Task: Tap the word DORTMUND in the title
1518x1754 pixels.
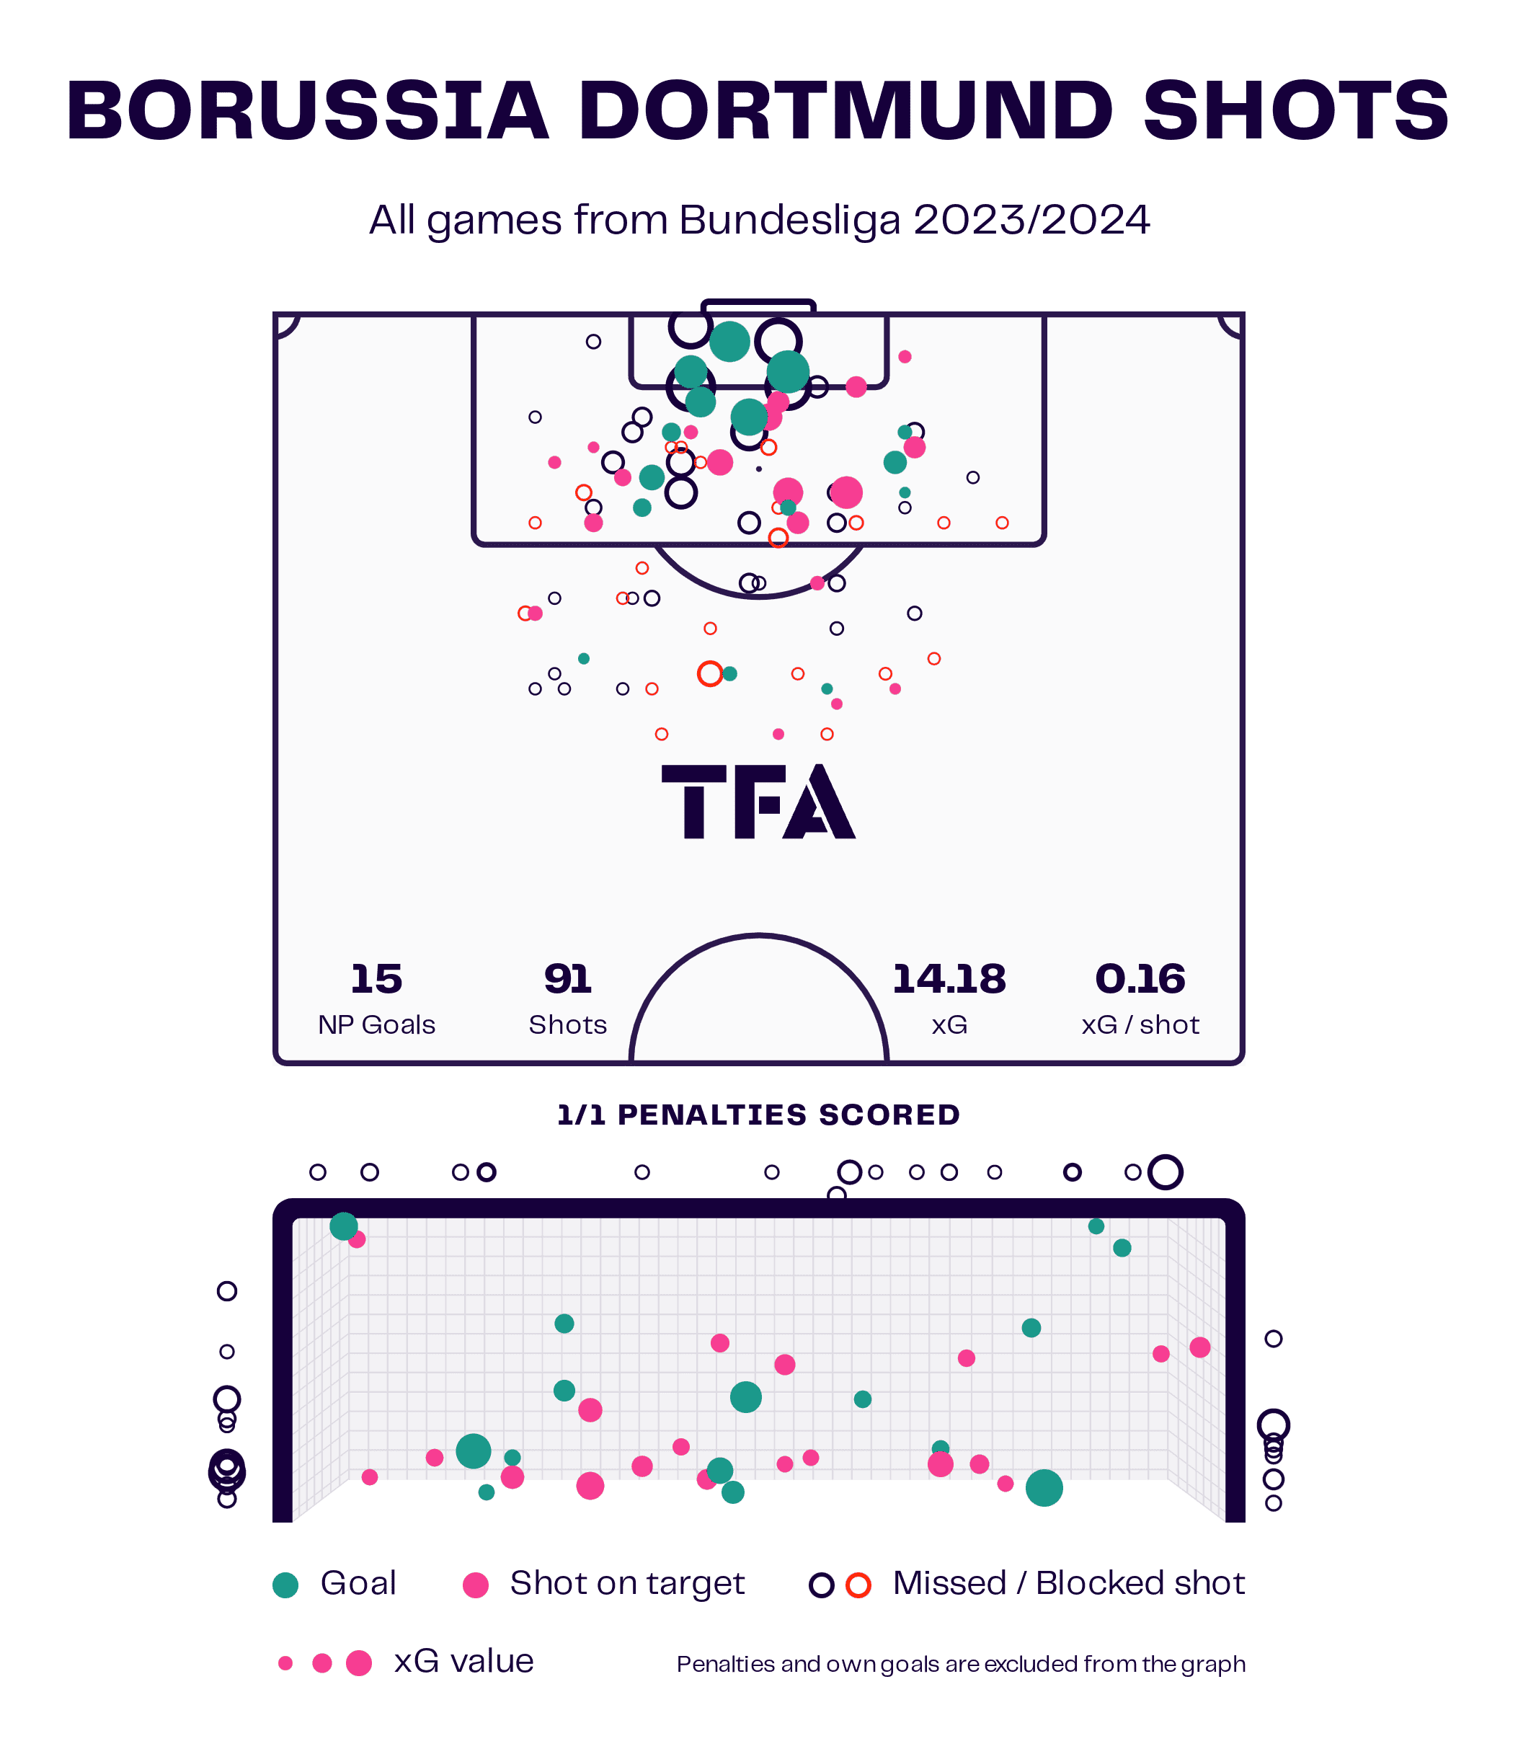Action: coord(845,110)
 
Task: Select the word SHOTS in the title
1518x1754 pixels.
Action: coord(1296,110)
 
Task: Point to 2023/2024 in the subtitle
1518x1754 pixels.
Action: coord(1031,221)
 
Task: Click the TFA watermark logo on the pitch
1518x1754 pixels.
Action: coord(758,802)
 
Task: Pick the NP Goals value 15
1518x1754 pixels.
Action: coord(377,979)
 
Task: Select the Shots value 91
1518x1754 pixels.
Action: coord(567,979)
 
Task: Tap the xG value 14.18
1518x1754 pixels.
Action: coord(949,979)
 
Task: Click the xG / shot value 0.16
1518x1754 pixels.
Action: coord(1140,979)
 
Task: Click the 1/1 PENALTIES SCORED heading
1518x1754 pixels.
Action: coord(758,1115)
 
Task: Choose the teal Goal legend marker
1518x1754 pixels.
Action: coord(286,1585)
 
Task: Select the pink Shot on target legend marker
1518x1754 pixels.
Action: coord(476,1585)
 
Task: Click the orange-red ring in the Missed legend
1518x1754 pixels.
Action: coord(859,1585)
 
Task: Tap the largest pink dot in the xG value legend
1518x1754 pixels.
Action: coord(359,1663)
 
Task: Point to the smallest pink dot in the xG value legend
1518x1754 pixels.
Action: coord(285,1663)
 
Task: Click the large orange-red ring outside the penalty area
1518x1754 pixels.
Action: coord(710,673)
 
